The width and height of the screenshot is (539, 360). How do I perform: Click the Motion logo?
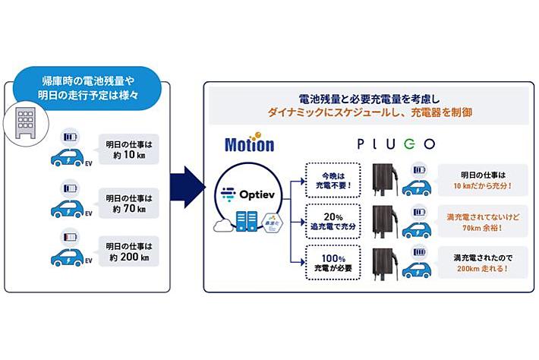coord(250,145)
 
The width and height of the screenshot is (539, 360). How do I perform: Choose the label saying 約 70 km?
coord(129,204)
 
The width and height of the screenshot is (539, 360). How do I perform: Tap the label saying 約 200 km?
coord(129,256)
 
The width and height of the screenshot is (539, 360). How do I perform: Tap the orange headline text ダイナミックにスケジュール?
coord(370,112)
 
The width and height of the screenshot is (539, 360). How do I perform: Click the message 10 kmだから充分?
coord(483,180)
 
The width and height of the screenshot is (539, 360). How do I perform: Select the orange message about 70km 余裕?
coord(483,221)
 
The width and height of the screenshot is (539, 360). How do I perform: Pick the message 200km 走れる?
coord(483,262)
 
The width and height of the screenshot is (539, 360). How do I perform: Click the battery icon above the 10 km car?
coord(71,138)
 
